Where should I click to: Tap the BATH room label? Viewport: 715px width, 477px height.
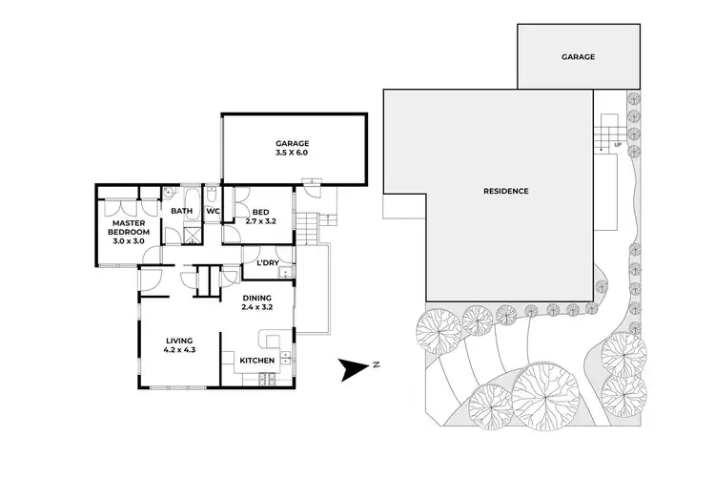tap(181, 212)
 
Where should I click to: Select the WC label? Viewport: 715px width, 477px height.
tap(214, 212)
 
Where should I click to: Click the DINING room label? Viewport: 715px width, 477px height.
tap(256, 298)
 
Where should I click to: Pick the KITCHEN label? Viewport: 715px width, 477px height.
tap(257, 361)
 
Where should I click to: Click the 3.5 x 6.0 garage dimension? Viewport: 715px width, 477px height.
tap(293, 153)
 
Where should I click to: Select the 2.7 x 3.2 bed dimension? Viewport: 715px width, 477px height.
tap(260, 221)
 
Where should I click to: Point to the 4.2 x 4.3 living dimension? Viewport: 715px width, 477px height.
tap(179, 350)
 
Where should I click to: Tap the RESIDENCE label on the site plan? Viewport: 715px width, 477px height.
tap(505, 191)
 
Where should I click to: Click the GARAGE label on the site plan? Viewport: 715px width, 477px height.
tap(578, 57)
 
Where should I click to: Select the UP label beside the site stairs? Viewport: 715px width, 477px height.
tap(618, 146)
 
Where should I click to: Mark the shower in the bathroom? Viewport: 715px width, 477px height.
tap(191, 233)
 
